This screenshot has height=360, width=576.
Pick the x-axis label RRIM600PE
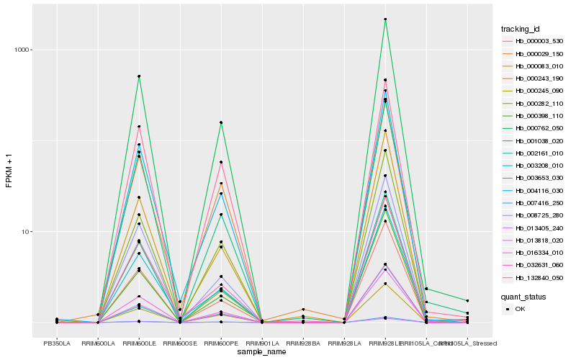pos(221,343)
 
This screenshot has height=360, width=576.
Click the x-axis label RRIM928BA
pos(303,343)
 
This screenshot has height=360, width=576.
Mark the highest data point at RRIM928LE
pos(385,19)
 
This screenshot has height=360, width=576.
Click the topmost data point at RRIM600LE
pos(139,76)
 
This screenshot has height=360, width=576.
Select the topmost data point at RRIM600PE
pos(221,122)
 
